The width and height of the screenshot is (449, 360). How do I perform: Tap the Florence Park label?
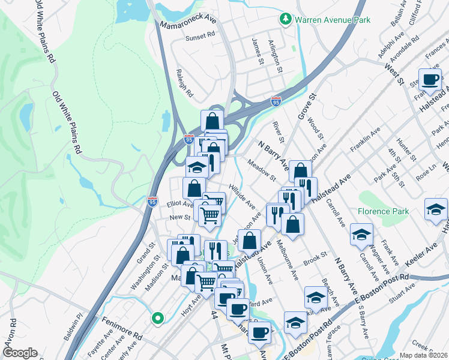pyautogui.click(x=383, y=211)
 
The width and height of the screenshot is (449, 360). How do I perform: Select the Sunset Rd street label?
pyautogui.click(x=200, y=37)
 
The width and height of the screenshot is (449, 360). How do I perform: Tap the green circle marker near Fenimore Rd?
pyautogui.click(x=158, y=319)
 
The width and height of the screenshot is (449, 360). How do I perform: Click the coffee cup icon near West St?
pyautogui.click(x=429, y=79)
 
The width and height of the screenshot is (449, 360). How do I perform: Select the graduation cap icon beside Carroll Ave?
pyautogui.click(x=361, y=234)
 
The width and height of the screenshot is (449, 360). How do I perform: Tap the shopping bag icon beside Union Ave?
pyautogui.click(x=249, y=241)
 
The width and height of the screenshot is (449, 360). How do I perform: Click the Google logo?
pyautogui.click(x=20, y=353)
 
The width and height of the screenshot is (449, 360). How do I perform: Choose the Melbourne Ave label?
pyautogui.click(x=287, y=260)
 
